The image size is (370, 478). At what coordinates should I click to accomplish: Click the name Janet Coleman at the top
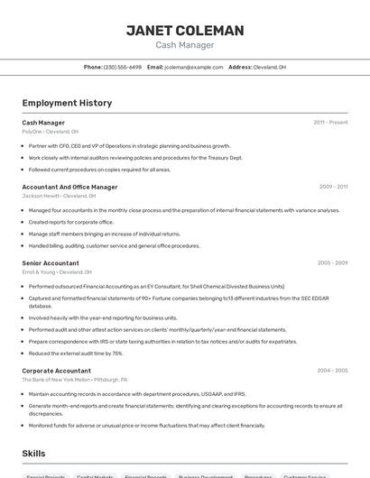tap(185, 31)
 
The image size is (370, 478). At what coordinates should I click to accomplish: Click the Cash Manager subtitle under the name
tap(185, 45)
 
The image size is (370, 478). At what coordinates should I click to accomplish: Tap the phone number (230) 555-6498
tap(123, 67)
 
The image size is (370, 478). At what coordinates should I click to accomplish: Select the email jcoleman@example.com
tap(193, 67)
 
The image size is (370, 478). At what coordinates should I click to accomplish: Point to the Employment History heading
tap(67, 103)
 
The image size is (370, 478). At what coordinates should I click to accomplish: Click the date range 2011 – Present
tap(330, 122)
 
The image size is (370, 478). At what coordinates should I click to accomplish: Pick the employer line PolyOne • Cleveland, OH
tap(50, 132)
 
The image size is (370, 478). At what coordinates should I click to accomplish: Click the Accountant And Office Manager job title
tap(69, 187)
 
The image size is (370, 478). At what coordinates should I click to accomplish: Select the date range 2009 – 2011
tap(333, 187)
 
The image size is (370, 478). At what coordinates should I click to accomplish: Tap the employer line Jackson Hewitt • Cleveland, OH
tap(59, 196)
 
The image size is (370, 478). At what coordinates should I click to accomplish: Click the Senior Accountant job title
tap(51, 262)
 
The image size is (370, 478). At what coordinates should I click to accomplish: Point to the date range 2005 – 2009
tap(332, 262)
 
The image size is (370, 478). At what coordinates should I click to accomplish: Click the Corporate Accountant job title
tap(56, 371)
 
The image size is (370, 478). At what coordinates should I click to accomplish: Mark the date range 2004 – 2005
tap(332, 371)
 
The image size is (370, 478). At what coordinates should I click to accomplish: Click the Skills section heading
tap(33, 454)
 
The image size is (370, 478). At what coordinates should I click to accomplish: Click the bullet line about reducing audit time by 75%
tap(76, 354)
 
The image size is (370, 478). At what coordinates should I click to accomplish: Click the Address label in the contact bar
tap(240, 67)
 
